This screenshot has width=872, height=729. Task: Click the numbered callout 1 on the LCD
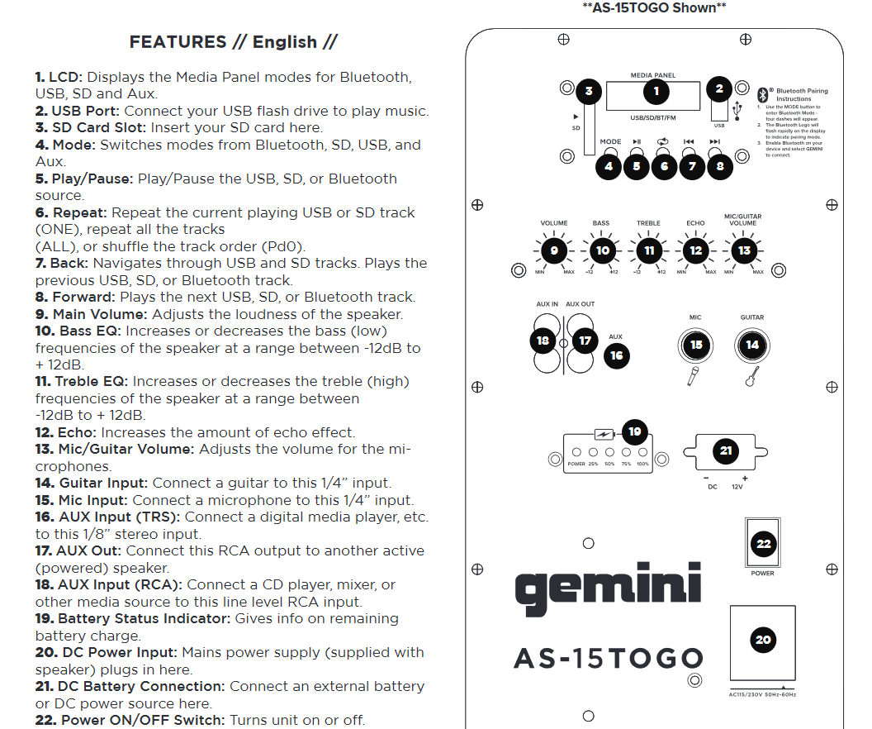(656, 92)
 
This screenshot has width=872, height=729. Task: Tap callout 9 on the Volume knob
(554, 250)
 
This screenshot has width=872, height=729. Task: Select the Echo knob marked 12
(696, 250)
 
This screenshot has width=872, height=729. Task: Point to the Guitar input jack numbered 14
(752, 345)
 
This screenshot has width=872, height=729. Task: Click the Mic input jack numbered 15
(696, 345)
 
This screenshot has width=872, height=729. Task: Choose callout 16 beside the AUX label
(616, 356)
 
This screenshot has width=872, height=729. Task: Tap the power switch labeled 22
(763, 543)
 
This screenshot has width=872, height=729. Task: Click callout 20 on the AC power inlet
(763, 640)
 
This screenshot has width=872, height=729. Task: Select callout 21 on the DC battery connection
(726, 450)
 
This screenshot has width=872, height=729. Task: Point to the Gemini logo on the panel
(608, 587)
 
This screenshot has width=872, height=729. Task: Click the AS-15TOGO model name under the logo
(608, 659)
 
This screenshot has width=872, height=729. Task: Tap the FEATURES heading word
(178, 42)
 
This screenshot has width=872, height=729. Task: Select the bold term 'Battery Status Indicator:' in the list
(145, 618)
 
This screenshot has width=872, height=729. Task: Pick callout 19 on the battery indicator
(634, 431)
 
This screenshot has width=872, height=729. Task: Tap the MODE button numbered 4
(609, 165)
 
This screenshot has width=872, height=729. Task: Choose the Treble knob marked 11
(649, 250)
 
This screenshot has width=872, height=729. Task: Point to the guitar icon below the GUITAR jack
(751, 377)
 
